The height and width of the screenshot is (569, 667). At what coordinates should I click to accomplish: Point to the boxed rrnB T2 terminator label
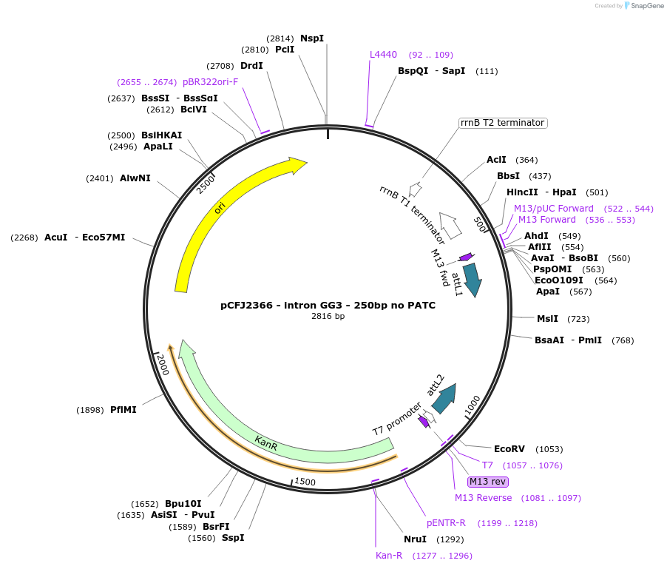pyautogui.click(x=502, y=123)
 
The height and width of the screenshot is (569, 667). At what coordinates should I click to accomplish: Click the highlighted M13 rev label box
pyautogui.click(x=487, y=482)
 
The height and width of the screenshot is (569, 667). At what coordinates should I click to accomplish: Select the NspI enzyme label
pyautogui.click(x=311, y=38)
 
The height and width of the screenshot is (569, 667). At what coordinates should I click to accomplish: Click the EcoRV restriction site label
pyautogui.click(x=509, y=449)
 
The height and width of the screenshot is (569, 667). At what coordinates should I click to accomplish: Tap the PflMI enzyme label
pyautogui.click(x=123, y=410)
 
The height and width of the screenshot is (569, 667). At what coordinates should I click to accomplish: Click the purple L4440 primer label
pyautogui.click(x=383, y=55)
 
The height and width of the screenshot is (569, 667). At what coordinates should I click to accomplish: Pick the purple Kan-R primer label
pyautogui.click(x=389, y=556)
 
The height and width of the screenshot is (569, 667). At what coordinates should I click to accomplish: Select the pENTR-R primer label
pyautogui.click(x=446, y=523)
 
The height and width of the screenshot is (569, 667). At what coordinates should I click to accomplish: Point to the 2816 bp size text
pyautogui.click(x=328, y=317)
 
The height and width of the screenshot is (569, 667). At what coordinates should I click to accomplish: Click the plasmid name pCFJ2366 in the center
pyautogui.click(x=328, y=305)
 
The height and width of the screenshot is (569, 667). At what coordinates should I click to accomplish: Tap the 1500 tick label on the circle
pyautogui.click(x=305, y=482)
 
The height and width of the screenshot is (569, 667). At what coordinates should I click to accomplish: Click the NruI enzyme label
pyautogui.click(x=415, y=539)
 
